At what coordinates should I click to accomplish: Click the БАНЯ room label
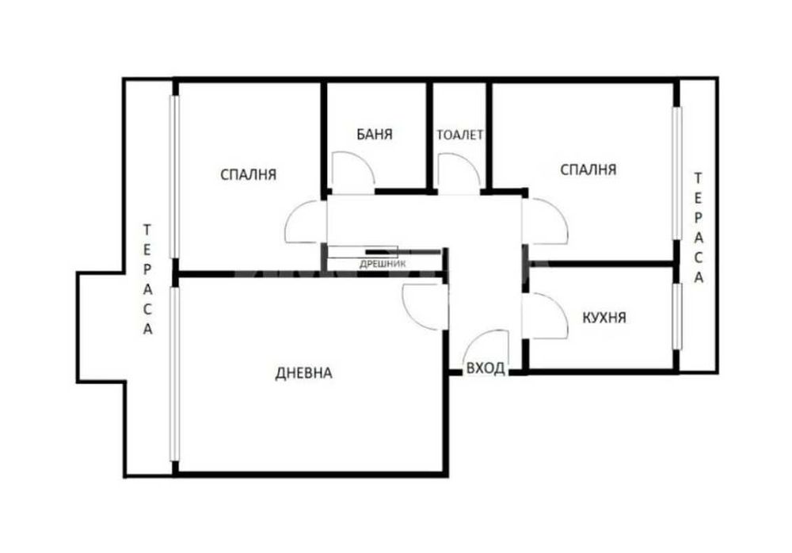click(375, 135)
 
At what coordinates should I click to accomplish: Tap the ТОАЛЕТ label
click(459, 135)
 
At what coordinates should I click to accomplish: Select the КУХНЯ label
click(604, 318)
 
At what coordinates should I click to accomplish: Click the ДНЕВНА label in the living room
click(303, 373)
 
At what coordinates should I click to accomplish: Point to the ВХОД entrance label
click(485, 368)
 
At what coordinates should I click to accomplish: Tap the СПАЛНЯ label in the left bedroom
click(248, 174)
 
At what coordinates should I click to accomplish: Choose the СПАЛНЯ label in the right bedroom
click(588, 169)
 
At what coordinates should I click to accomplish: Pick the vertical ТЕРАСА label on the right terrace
click(698, 227)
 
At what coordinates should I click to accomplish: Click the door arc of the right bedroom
click(546, 223)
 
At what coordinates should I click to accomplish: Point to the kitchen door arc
click(548, 315)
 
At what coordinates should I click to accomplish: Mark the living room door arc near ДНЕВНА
click(423, 304)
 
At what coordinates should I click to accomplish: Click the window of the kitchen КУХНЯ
click(676, 316)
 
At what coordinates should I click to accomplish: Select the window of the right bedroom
click(676, 171)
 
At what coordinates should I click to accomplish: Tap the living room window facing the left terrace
click(175, 374)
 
